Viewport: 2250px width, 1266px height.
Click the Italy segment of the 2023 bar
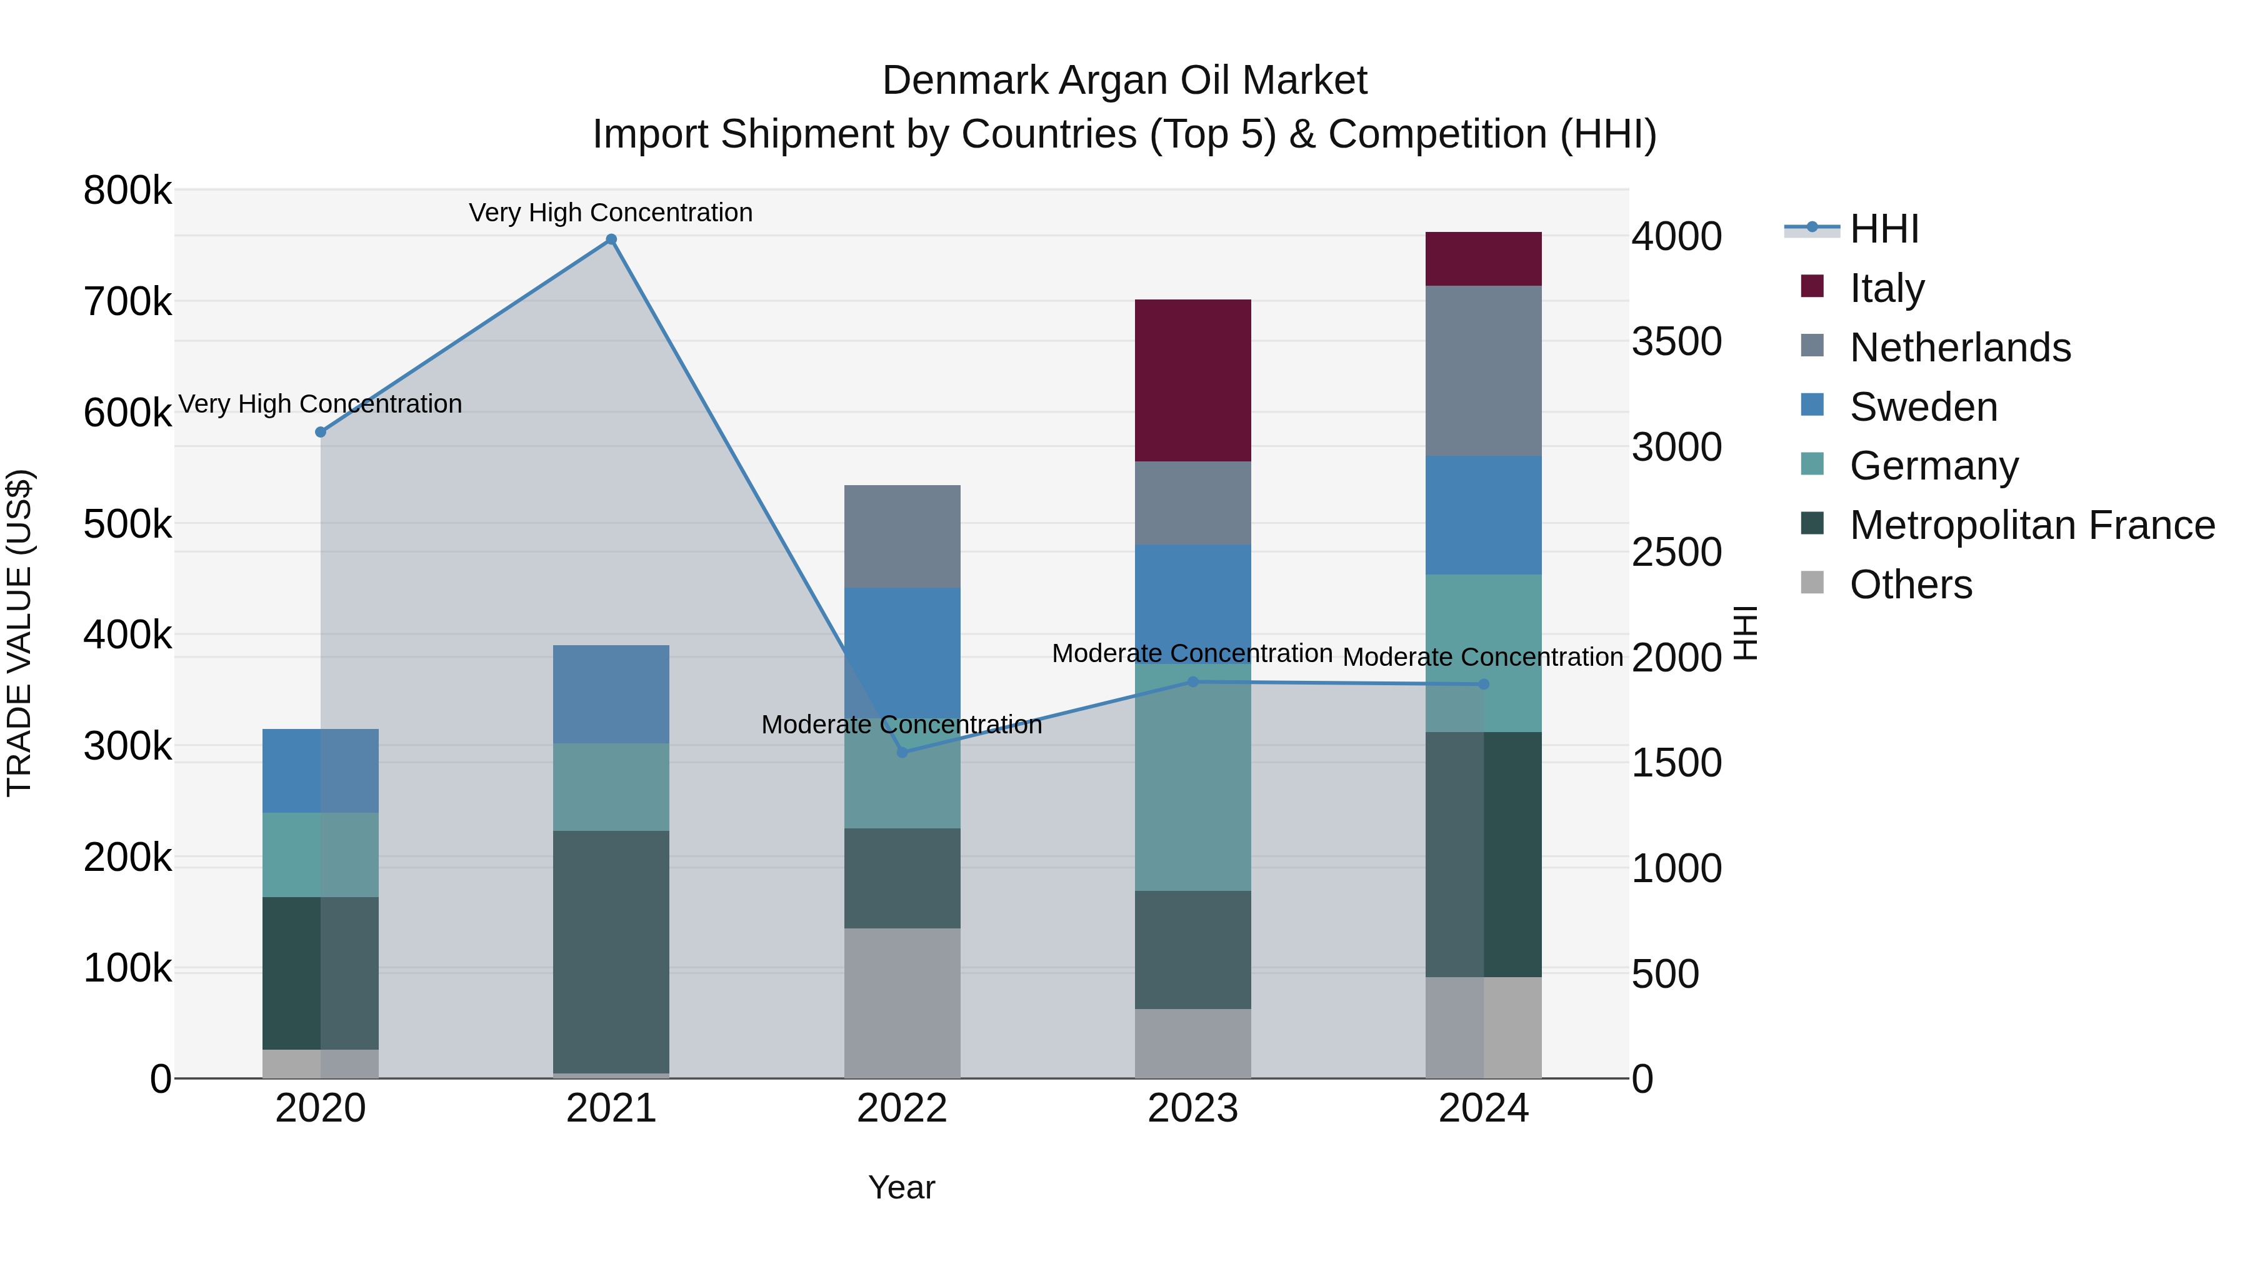1192,380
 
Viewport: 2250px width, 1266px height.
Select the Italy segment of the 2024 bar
1483,259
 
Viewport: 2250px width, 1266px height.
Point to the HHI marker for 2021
611,239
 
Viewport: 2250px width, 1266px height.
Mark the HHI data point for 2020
321,431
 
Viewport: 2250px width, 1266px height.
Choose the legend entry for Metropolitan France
2032,525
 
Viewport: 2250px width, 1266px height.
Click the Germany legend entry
1934,466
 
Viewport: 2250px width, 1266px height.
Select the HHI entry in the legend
1884,229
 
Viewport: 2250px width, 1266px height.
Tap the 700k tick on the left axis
127,303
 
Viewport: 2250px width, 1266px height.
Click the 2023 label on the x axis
1192,1108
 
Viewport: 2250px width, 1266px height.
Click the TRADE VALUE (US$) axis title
19,633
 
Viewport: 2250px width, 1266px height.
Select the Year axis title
901,1187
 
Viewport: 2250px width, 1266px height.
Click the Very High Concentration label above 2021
611,213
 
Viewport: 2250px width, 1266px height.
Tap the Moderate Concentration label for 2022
901,725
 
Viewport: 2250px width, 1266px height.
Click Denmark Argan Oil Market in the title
1124,81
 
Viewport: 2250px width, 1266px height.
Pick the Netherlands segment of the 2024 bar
1483,371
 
